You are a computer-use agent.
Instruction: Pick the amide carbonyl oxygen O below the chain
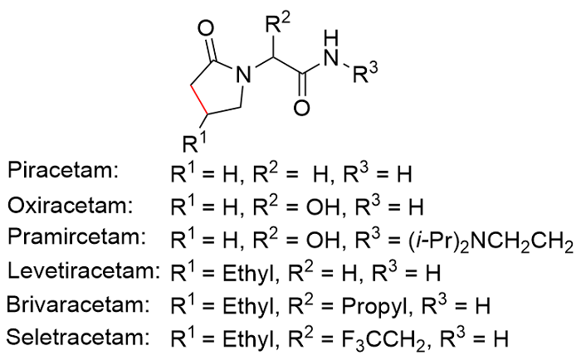point(302,109)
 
